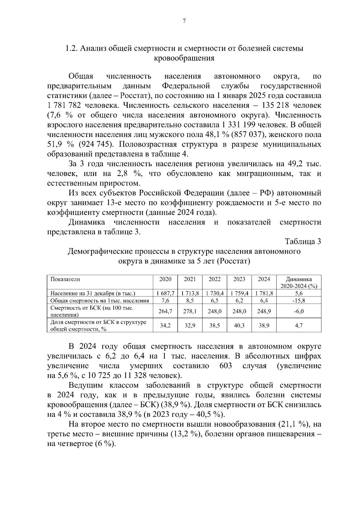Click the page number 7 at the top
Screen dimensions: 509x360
tap(184, 21)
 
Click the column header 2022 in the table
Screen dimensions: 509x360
tap(214, 279)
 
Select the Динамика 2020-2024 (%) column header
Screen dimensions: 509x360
tap(298, 282)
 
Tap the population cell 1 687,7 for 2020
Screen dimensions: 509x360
tap(165, 293)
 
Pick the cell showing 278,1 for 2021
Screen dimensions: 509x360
tap(190, 311)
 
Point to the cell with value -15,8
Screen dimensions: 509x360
tap(298, 300)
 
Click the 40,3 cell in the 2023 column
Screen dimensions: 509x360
tap(239, 325)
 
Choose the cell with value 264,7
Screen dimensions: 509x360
tap(165, 311)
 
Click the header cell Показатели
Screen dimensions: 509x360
tap(65, 279)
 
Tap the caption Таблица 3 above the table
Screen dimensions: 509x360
tap(303, 242)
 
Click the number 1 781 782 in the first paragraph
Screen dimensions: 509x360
tap(64, 106)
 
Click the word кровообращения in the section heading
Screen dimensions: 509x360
tap(184, 58)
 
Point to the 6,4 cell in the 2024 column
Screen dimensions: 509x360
tap(264, 300)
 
